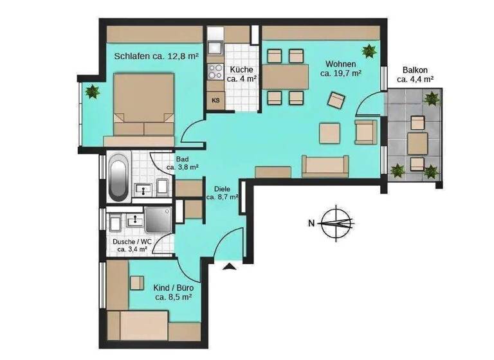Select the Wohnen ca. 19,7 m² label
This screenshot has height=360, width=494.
(340, 69)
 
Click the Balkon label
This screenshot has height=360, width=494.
(415, 75)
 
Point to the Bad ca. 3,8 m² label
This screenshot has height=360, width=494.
(181, 164)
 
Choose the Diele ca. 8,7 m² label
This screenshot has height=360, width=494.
(223, 194)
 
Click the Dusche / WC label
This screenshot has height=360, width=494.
(132, 246)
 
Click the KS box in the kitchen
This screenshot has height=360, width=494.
(215, 100)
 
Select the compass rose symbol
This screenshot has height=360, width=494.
(336, 223)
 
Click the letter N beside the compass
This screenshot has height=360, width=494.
(311, 224)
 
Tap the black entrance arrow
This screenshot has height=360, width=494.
(226, 265)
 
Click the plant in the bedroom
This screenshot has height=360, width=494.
(93, 91)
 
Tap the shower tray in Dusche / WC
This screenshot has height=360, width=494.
(157, 220)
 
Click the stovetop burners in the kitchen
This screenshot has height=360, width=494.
(214, 70)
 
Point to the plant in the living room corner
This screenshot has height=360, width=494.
(369, 50)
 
